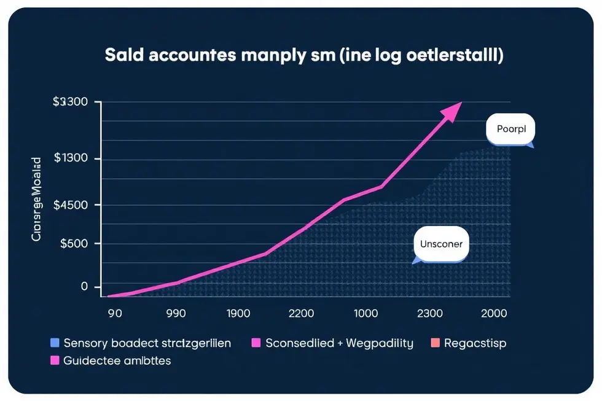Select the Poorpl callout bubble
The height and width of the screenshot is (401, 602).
(510, 130)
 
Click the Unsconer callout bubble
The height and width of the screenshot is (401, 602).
(440, 244)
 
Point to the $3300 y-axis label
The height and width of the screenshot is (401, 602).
(70, 103)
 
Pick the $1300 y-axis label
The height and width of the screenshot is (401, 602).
(70, 158)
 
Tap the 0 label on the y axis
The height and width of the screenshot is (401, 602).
(84, 287)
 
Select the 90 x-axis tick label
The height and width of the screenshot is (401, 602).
(114, 313)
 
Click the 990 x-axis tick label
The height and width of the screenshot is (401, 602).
(176, 313)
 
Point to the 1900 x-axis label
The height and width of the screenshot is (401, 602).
(238, 313)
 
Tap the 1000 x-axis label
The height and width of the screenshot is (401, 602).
(365, 313)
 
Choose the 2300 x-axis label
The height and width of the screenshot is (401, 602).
(429, 313)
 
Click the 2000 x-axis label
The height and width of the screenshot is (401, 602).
(495, 313)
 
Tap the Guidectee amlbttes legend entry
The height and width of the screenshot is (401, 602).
(111, 360)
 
